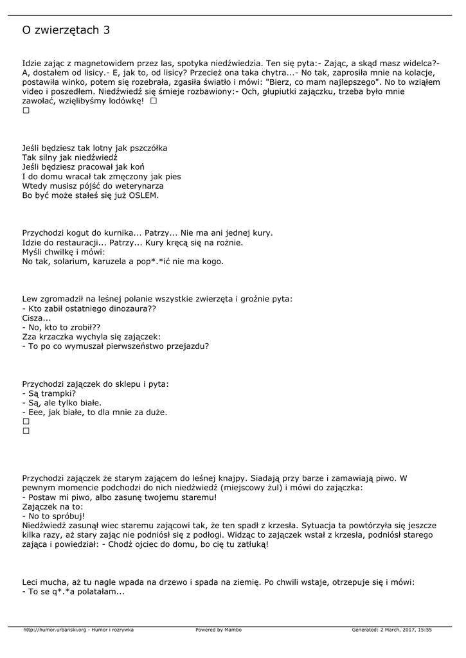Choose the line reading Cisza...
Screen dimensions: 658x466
[36, 318]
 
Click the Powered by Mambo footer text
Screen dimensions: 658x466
[219, 630]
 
